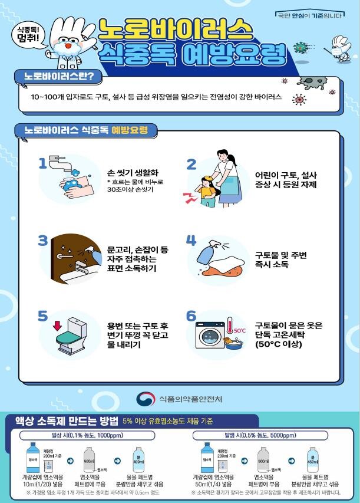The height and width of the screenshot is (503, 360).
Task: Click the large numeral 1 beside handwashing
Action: pos(42,163)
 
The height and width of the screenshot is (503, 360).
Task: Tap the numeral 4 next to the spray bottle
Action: pos(191,240)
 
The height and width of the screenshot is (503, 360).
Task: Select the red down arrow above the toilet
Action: pos(57,325)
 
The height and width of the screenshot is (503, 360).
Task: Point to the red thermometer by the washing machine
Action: pos(232,332)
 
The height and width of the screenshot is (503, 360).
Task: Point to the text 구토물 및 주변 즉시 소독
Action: pos(280,260)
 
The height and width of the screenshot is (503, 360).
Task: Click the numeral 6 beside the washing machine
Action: pos(191,316)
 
